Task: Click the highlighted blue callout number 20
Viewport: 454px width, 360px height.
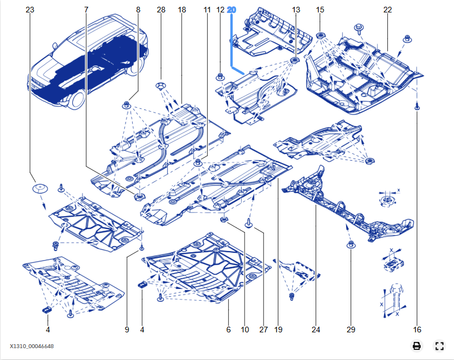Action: point(232,10)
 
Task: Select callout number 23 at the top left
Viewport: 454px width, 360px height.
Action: point(30,10)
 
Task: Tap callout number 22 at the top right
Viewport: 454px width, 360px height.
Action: point(387,10)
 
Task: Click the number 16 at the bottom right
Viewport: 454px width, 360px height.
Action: point(417,330)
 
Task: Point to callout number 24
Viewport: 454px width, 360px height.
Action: point(316,330)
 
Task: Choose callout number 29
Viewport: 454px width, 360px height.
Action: point(350,330)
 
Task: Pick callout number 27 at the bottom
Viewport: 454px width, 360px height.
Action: point(263,330)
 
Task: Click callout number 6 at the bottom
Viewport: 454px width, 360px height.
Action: point(229,330)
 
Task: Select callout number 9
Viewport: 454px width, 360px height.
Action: point(127,330)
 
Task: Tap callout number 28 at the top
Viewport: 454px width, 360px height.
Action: point(161,10)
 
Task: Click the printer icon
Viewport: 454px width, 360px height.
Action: point(416,346)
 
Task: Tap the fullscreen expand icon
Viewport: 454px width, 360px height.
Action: point(439,346)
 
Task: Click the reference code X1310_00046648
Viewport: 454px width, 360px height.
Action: point(32,346)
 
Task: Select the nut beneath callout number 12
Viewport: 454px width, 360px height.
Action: point(220,76)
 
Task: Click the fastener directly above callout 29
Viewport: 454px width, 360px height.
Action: point(350,244)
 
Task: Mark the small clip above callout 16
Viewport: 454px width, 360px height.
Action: point(417,106)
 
